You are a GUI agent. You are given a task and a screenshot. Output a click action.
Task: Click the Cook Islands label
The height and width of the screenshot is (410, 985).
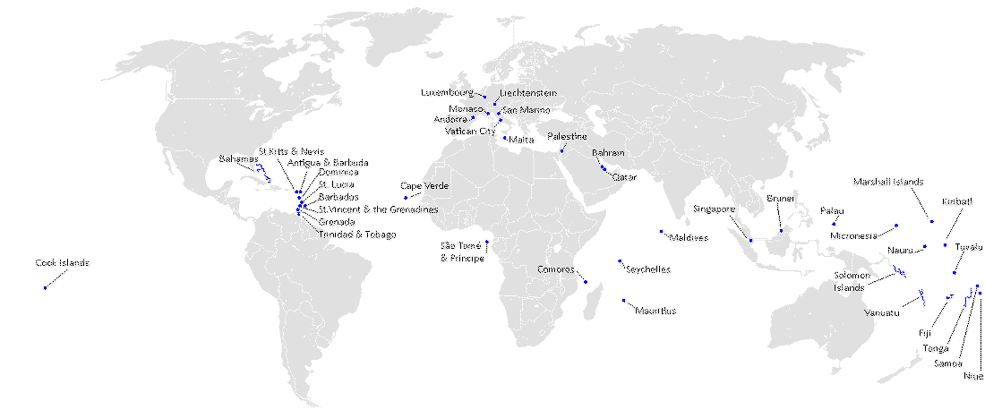point(62,263)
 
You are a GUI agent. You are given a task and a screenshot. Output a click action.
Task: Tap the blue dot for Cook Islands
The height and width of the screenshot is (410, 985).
point(44,287)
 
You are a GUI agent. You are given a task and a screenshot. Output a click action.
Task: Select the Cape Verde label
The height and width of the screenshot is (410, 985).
point(424,186)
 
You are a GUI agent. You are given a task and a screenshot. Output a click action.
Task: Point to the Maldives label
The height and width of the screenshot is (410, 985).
point(689,238)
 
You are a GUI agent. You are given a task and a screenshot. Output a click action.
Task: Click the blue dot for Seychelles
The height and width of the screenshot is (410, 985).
point(620,261)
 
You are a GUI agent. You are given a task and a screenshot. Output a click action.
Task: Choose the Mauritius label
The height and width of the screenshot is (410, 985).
point(655,312)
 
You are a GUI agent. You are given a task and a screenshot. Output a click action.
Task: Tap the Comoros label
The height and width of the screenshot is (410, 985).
point(555,269)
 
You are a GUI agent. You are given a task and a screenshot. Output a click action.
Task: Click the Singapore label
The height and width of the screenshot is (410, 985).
point(714,209)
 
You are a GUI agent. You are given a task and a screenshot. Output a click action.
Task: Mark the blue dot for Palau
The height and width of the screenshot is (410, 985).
point(834,223)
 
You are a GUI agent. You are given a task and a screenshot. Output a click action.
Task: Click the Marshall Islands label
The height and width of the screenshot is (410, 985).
point(887,182)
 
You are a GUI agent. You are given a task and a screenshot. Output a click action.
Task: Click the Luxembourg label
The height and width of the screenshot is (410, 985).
point(447,92)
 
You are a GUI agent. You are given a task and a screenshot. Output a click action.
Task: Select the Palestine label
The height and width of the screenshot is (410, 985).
point(568,136)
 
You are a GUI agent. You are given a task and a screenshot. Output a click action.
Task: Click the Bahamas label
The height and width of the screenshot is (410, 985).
point(237,159)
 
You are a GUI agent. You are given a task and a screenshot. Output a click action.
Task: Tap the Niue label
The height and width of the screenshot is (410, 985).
point(972,376)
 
